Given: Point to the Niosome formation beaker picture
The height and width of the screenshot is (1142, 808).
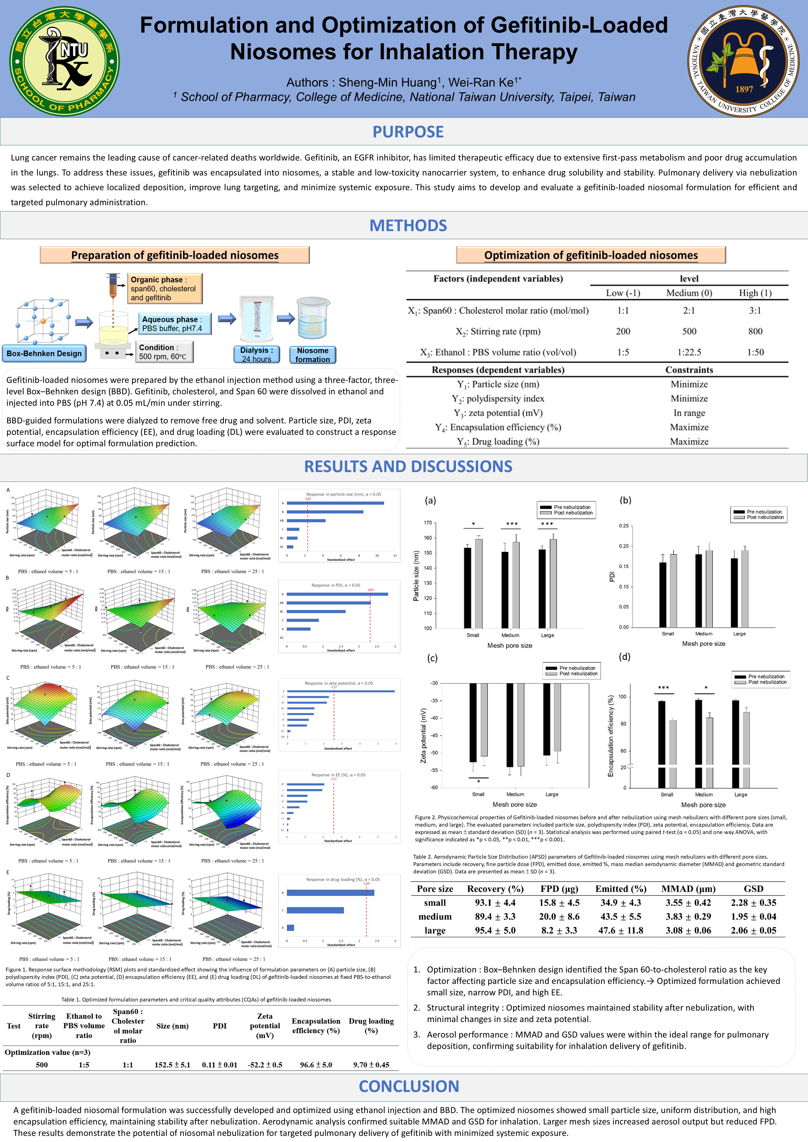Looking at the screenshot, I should pos(313,318).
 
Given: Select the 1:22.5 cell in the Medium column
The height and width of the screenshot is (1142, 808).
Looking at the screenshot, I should pos(689,352).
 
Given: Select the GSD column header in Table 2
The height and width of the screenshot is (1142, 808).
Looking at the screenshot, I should pos(753,889).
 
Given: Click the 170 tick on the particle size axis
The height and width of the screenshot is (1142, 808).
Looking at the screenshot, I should pos(428,523).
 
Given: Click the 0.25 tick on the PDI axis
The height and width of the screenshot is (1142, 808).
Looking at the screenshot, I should pos(623,526).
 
